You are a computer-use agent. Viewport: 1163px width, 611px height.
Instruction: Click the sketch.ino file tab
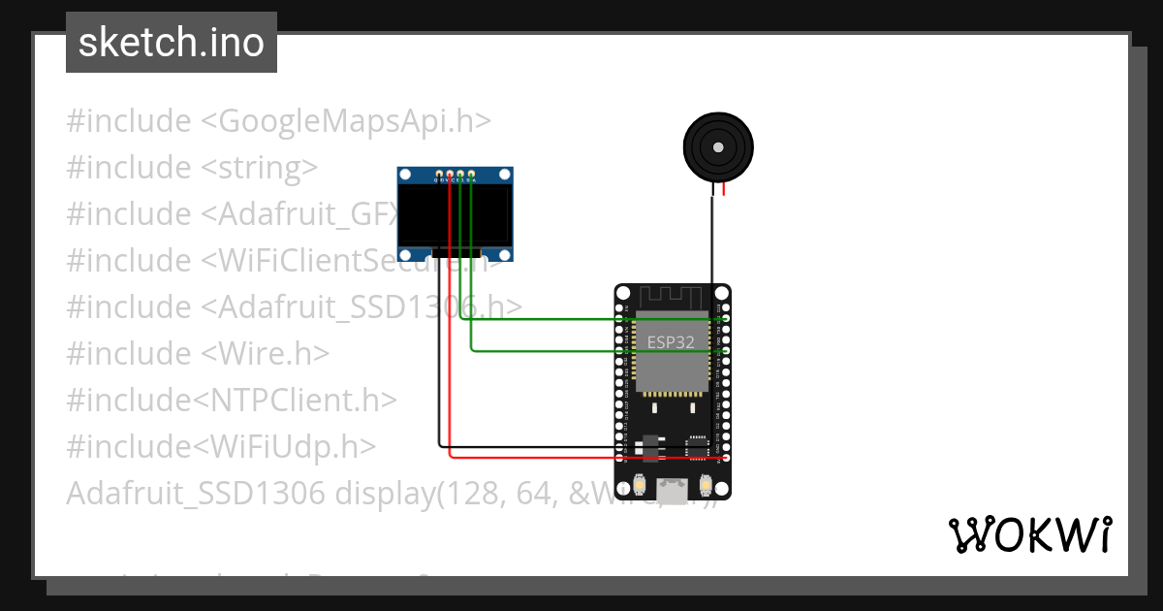point(172,43)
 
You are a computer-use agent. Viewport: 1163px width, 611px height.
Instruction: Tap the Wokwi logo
point(1029,535)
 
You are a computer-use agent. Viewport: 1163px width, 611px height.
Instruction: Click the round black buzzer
point(718,147)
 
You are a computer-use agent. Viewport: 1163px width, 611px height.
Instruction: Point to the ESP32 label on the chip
point(671,342)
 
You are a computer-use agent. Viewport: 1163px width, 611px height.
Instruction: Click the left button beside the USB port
point(639,485)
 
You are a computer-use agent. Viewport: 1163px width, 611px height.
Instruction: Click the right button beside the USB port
point(706,485)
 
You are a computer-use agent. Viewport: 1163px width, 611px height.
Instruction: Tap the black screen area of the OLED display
point(455,215)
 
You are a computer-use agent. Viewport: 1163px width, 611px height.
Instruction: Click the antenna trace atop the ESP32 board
point(672,296)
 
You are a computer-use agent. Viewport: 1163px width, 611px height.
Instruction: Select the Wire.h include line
point(198,353)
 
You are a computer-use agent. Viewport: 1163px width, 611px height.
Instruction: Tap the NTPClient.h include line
point(232,400)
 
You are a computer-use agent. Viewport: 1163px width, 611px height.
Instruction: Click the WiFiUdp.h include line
point(221,446)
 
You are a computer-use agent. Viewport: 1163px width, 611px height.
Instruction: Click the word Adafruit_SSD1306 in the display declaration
point(195,493)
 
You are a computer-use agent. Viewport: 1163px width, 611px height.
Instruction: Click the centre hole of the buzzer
point(718,147)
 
